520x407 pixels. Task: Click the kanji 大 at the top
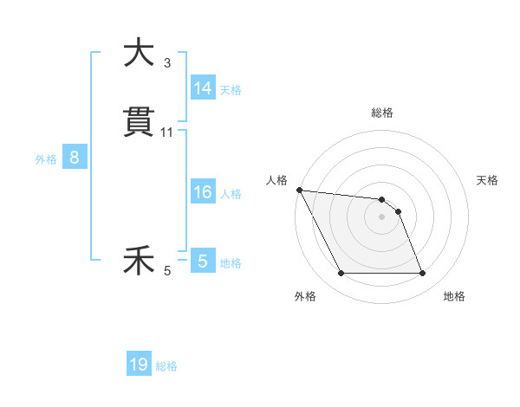[x=139, y=54]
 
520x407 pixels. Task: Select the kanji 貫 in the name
[x=139, y=123]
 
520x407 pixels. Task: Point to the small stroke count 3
[x=167, y=62]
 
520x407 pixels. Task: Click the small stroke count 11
[x=167, y=132]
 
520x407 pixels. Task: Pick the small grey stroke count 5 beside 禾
[x=167, y=271]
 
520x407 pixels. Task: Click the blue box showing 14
[x=203, y=87]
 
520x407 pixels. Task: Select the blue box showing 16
[x=203, y=192]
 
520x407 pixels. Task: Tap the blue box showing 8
[x=75, y=158]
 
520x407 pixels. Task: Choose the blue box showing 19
[x=139, y=365]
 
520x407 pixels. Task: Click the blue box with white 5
[x=203, y=261]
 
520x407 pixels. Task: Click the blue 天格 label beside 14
[x=231, y=89]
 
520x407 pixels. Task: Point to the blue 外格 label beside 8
[x=46, y=158]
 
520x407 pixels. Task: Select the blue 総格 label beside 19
[x=166, y=366]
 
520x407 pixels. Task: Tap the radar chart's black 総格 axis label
[x=382, y=113]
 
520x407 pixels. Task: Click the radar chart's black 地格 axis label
[x=454, y=296]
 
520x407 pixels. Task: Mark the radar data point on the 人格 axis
[x=299, y=190]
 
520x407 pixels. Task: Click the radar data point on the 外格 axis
[x=341, y=274]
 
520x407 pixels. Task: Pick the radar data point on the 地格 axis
[x=423, y=274]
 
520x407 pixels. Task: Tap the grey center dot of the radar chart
[x=382, y=216]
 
